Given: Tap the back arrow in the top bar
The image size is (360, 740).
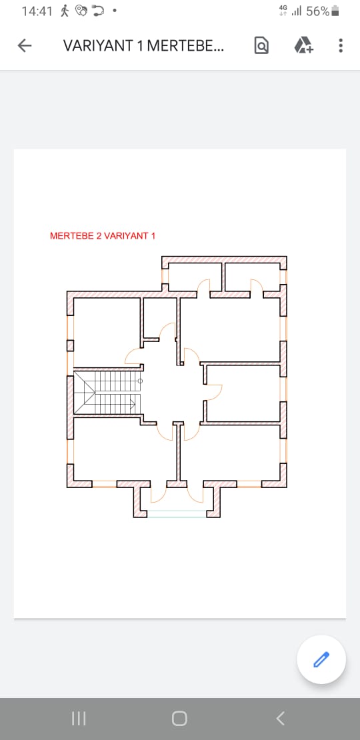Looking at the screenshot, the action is point(25,45).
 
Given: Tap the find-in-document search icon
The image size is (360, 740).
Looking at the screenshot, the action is point(261,45).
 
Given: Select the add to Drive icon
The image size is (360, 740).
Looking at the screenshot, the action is point(303,45).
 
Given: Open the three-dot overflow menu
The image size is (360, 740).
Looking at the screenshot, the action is point(341,45).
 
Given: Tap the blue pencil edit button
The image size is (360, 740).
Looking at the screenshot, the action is point(321,659).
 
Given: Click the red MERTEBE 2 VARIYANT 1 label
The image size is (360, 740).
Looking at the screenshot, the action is point(103,236).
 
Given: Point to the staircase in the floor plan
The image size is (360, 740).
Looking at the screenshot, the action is point(108,393).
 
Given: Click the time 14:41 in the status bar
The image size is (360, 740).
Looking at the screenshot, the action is point(36,11).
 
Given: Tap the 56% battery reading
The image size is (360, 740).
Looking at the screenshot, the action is point(317,11).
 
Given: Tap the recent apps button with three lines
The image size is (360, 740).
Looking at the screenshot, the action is point(79,719).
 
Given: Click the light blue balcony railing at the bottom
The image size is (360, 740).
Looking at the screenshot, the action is point(177,514).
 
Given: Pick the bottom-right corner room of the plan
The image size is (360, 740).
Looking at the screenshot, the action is point(230,453).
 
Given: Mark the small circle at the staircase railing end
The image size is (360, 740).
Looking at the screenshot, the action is point(140,381).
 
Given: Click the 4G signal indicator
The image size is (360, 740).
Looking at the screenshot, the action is point(283,11).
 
